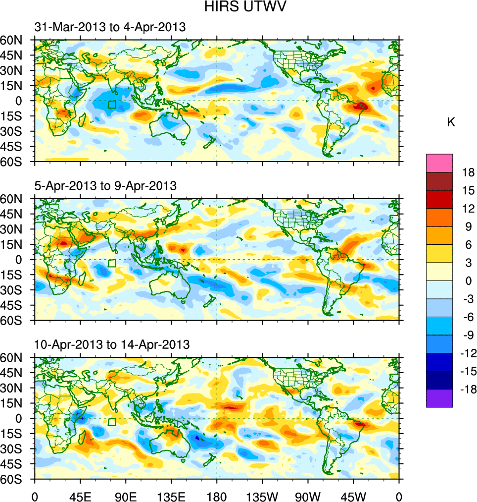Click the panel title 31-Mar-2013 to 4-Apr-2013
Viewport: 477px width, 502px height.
110,27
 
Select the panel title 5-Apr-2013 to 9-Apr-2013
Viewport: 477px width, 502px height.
106,186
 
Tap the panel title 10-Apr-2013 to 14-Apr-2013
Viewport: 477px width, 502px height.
112,344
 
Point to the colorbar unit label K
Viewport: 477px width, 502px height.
451,122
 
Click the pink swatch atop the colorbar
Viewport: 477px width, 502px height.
439,163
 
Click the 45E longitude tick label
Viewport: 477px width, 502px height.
80,496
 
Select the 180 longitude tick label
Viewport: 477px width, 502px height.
217,496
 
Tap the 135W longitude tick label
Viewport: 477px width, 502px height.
262,496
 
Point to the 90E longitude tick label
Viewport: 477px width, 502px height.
126,496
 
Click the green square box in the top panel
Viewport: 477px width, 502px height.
112,105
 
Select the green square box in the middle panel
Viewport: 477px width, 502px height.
112,263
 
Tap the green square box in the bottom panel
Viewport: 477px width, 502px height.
112,422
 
